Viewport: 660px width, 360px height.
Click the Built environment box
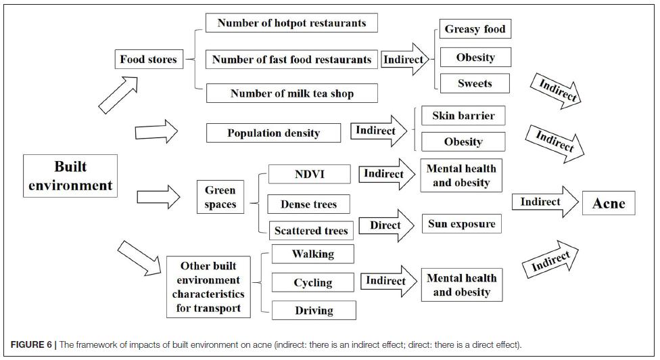click(x=70, y=175)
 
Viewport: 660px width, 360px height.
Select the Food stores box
click(x=149, y=59)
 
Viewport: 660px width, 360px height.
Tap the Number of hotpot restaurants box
click(x=291, y=23)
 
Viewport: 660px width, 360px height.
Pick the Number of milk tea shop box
click(x=291, y=93)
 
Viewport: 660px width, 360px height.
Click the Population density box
click(x=274, y=133)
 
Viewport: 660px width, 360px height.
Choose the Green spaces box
click(x=220, y=197)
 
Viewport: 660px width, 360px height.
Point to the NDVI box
click(x=310, y=174)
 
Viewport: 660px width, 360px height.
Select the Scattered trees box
click(x=312, y=231)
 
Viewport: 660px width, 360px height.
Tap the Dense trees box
click(x=308, y=204)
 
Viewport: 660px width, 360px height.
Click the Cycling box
click(x=312, y=283)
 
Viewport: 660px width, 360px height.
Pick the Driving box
click(x=314, y=311)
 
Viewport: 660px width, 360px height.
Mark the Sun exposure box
click(x=462, y=223)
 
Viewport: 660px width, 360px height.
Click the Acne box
click(x=609, y=203)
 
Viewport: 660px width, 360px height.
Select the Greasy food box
click(x=475, y=28)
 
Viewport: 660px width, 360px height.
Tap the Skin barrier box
click(x=463, y=115)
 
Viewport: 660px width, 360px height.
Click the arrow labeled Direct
click(x=386, y=225)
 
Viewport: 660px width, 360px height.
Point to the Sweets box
click(x=475, y=83)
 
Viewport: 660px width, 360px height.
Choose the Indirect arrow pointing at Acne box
click(x=545, y=202)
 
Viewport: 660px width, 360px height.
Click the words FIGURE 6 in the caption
click(x=31, y=344)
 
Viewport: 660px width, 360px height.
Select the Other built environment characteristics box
click(x=208, y=287)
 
